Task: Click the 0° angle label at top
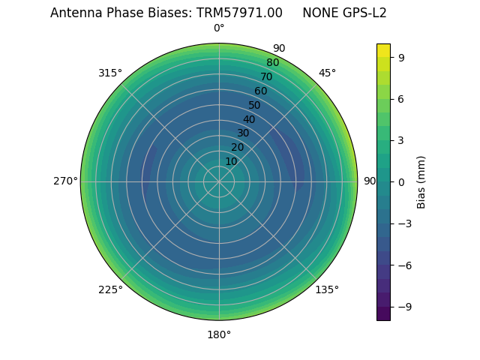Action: [x=219, y=28]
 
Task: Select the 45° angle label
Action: [x=327, y=73]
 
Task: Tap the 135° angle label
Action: [x=327, y=289]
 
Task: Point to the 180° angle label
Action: [x=219, y=334]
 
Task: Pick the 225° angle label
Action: [x=110, y=289]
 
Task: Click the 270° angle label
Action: [x=65, y=181]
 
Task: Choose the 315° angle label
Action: [x=110, y=73]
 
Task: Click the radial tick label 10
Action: [x=231, y=161]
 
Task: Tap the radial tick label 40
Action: [x=249, y=119]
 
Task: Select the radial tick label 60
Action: [x=261, y=91]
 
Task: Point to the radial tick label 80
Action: [x=272, y=63]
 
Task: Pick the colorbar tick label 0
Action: [x=402, y=181]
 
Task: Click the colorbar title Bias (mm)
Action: [x=421, y=181]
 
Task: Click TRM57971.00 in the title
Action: [x=239, y=13]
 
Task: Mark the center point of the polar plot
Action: [x=219, y=181]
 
